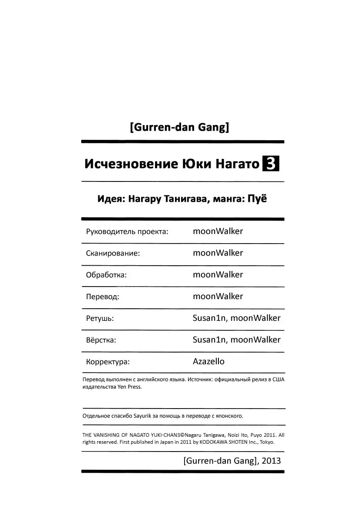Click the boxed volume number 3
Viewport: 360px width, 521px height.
pyautogui.click(x=271, y=165)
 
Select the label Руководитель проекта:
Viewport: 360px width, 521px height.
pyautogui.click(x=127, y=232)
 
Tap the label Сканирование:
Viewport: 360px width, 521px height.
pyautogui.click(x=113, y=254)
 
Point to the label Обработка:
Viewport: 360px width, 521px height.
pyautogui.click(x=106, y=275)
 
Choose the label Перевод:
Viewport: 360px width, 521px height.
pyautogui.click(x=102, y=297)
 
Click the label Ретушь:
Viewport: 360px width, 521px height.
pyautogui.click(x=100, y=319)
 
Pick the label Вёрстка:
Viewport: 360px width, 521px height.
pyautogui.click(x=101, y=340)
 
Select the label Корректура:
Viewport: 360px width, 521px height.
pyautogui.click(x=108, y=362)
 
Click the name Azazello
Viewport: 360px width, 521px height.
pyautogui.click(x=208, y=361)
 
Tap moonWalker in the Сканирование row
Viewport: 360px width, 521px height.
pyautogui.click(x=218, y=253)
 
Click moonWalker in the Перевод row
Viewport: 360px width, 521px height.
pyautogui.click(x=218, y=296)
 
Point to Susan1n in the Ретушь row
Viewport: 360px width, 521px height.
pyautogui.click(x=210, y=318)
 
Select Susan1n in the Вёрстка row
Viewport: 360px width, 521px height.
pyautogui.click(x=210, y=340)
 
